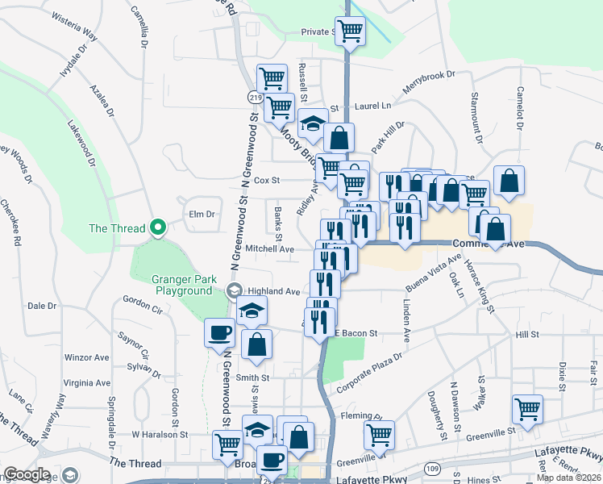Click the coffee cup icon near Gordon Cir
tap(220, 333)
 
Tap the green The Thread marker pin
tap(158, 227)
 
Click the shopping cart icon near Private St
tap(349, 32)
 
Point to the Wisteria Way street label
tap(73, 37)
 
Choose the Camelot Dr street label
tap(520, 107)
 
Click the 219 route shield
tap(256, 98)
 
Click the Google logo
tap(27, 474)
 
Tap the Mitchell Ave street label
tap(270, 249)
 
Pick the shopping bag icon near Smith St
tap(256, 344)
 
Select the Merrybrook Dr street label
tap(430, 86)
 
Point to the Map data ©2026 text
tap(569, 478)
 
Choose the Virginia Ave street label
tap(86, 382)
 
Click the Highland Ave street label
tap(274, 291)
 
